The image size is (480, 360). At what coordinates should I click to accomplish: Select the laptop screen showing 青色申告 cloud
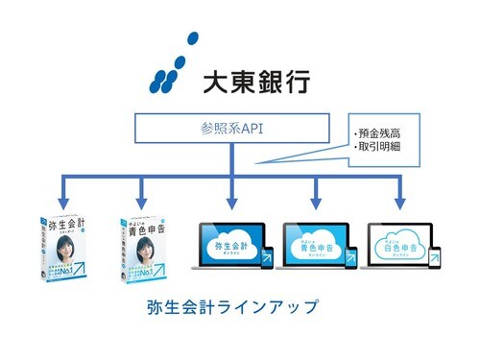pos(314,244)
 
